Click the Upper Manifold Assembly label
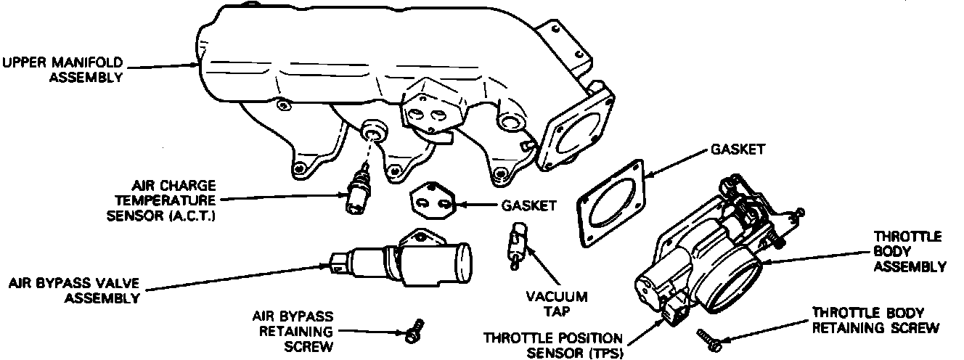point(62,69)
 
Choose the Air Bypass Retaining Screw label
point(292,331)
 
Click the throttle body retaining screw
point(707,335)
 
